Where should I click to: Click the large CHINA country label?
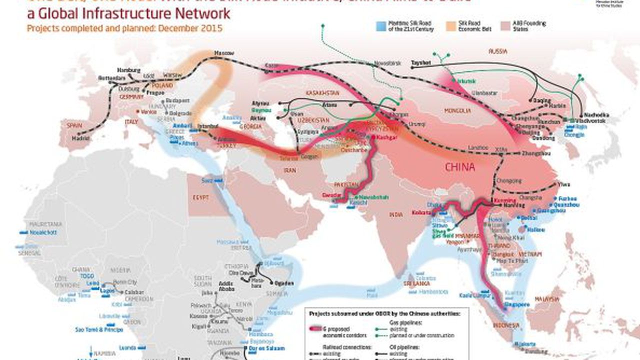(x=459, y=167)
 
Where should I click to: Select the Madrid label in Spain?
(x=77, y=138)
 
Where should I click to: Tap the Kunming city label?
(x=502, y=199)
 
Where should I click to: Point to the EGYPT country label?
(x=199, y=197)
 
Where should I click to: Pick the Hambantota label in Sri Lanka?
(x=432, y=291)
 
